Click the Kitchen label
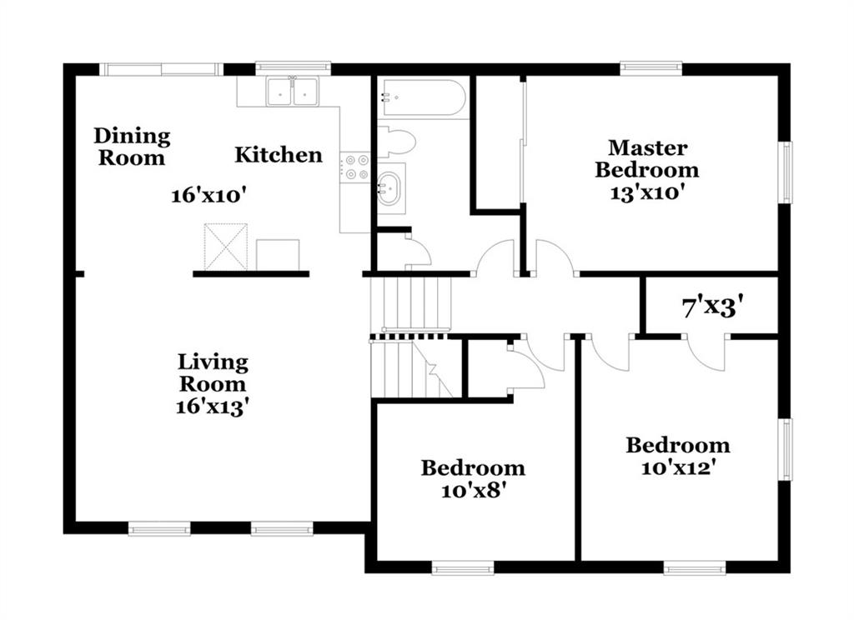pyautogui.click(x=279, y=155)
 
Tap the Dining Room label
pyautogui.click(x=132, y=147)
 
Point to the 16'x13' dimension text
pyautogui.click(x=213, y=407)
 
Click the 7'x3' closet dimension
pyautogui.click(x=713, y=307)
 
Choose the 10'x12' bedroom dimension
pyautogui.click(x=677, y=468)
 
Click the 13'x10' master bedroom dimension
pyautogui.click(x=647, y=192)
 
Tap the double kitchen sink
pyautogui.click(x=293, y=91)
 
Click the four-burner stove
pyautogui.click(x=355, y=167)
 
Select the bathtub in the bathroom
pyautogui.click(x=424, y=97)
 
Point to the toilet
pyautogui.click(x=396, y=142)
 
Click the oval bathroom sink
pyautogui.click(x=389, y=188)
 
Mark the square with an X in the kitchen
pyautogui.click(x=225, y=247)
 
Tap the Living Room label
pyautogui.click(x=213, y=372)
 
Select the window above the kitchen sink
pyautogui.click(x=293, y=67)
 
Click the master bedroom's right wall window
pyautogui.click(x=786, y=172)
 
